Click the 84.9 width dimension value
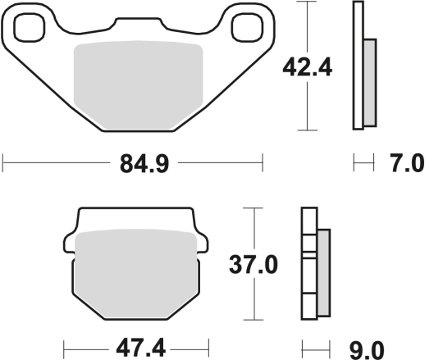[134, 165]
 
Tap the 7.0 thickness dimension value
[404, 165]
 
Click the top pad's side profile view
[359, 66]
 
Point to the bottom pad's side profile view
[308, 264]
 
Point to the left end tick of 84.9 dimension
[3, 165]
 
